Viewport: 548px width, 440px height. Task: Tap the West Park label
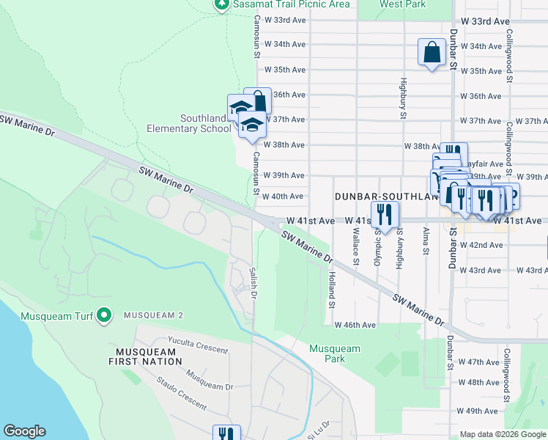[402, 4]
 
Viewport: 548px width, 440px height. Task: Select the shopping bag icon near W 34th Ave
[432, 53]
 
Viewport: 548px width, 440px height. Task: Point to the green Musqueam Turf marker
[104, 315]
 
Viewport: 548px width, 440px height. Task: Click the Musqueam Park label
[327, 353]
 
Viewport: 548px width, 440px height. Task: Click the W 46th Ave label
[355, 325]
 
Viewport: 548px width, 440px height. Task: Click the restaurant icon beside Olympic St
[385, 214]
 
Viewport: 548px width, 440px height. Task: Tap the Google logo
[24, 431]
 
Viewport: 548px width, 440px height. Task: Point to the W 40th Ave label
[283, 197]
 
